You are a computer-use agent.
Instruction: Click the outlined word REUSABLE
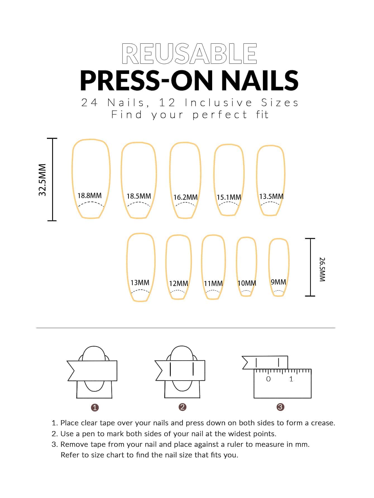(x=189, y=53)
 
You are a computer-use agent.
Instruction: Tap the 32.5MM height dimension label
(x=42, y=180)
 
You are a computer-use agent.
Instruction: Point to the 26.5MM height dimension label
(x=322, y=270)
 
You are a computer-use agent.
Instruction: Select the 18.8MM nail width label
(x=90, y=196)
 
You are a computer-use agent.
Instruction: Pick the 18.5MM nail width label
(x=139, y=196)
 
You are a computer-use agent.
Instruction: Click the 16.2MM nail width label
(x=185, y=197)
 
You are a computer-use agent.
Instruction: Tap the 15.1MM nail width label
(x=229, y=197)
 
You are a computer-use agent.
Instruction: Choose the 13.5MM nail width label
(x=271, y=196)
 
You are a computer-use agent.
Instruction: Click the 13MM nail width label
(x=140, y=283)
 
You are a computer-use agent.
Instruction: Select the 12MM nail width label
(x=179, y=283)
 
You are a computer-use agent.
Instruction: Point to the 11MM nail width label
(x=213, y=283)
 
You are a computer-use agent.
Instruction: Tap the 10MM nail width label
(x=247, y=283)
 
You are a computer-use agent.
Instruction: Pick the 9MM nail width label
(x=278, y=282)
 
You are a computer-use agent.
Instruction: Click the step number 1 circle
(x=95, y=407)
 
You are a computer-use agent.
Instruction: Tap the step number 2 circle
(x=182, y=407)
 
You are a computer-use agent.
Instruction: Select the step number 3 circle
(x=280, y=407)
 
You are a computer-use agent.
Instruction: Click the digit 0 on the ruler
(x=268, y=379)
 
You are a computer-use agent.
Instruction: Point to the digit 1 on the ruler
(x=291, y=379)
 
